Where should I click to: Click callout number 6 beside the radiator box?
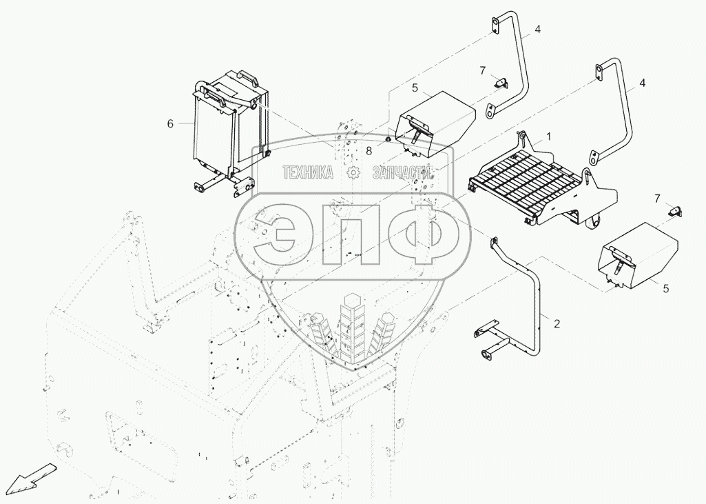coord(170,123)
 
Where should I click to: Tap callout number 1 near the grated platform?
coord(548,136)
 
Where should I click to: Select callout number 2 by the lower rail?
coord(557,323)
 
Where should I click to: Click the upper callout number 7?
coord(483,70)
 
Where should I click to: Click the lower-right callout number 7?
coord(657,199)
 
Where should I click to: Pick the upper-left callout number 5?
coord(415,88)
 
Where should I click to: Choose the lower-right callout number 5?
coord(666,288)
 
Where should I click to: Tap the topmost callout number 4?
coord(538,29)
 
